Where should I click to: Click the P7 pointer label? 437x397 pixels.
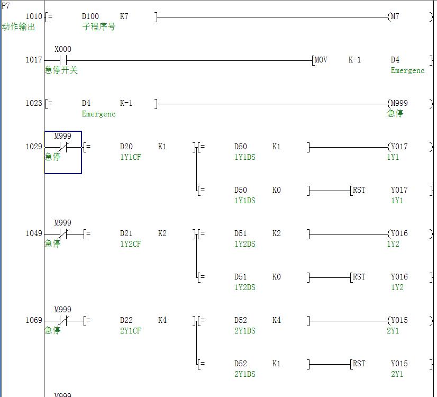[6, 6]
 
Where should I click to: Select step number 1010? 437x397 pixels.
[34, 16]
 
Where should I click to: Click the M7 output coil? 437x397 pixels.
[395, 16]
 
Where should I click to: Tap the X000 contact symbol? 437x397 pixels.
[63, 60]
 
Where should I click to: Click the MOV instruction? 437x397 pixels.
[321, 60]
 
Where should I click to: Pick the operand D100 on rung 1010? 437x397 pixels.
[90, 16]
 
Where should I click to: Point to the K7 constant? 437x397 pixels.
[124, 16]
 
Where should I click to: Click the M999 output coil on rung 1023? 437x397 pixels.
[399, 103]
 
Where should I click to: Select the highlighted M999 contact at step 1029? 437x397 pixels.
[63, 147]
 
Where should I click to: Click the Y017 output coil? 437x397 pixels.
[399, 147]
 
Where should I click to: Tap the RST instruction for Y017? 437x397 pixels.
[359, 190]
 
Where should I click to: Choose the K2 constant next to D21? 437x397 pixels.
[162, 233]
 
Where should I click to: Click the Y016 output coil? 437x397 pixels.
[399, 233]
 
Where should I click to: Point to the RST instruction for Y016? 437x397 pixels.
[359, 277]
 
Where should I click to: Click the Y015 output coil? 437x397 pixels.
[399, 320]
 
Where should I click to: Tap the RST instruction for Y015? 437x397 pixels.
[359, 364]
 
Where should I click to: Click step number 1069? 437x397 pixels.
[34, 320]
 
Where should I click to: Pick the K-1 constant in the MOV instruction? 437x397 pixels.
[354, 60]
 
